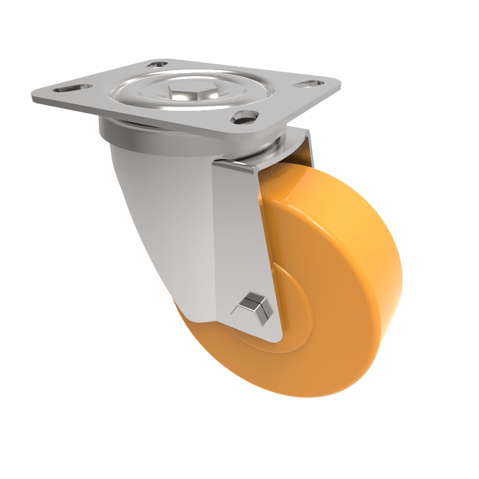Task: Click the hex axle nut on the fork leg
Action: [252, 309]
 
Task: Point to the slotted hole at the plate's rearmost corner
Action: [158, 63]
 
